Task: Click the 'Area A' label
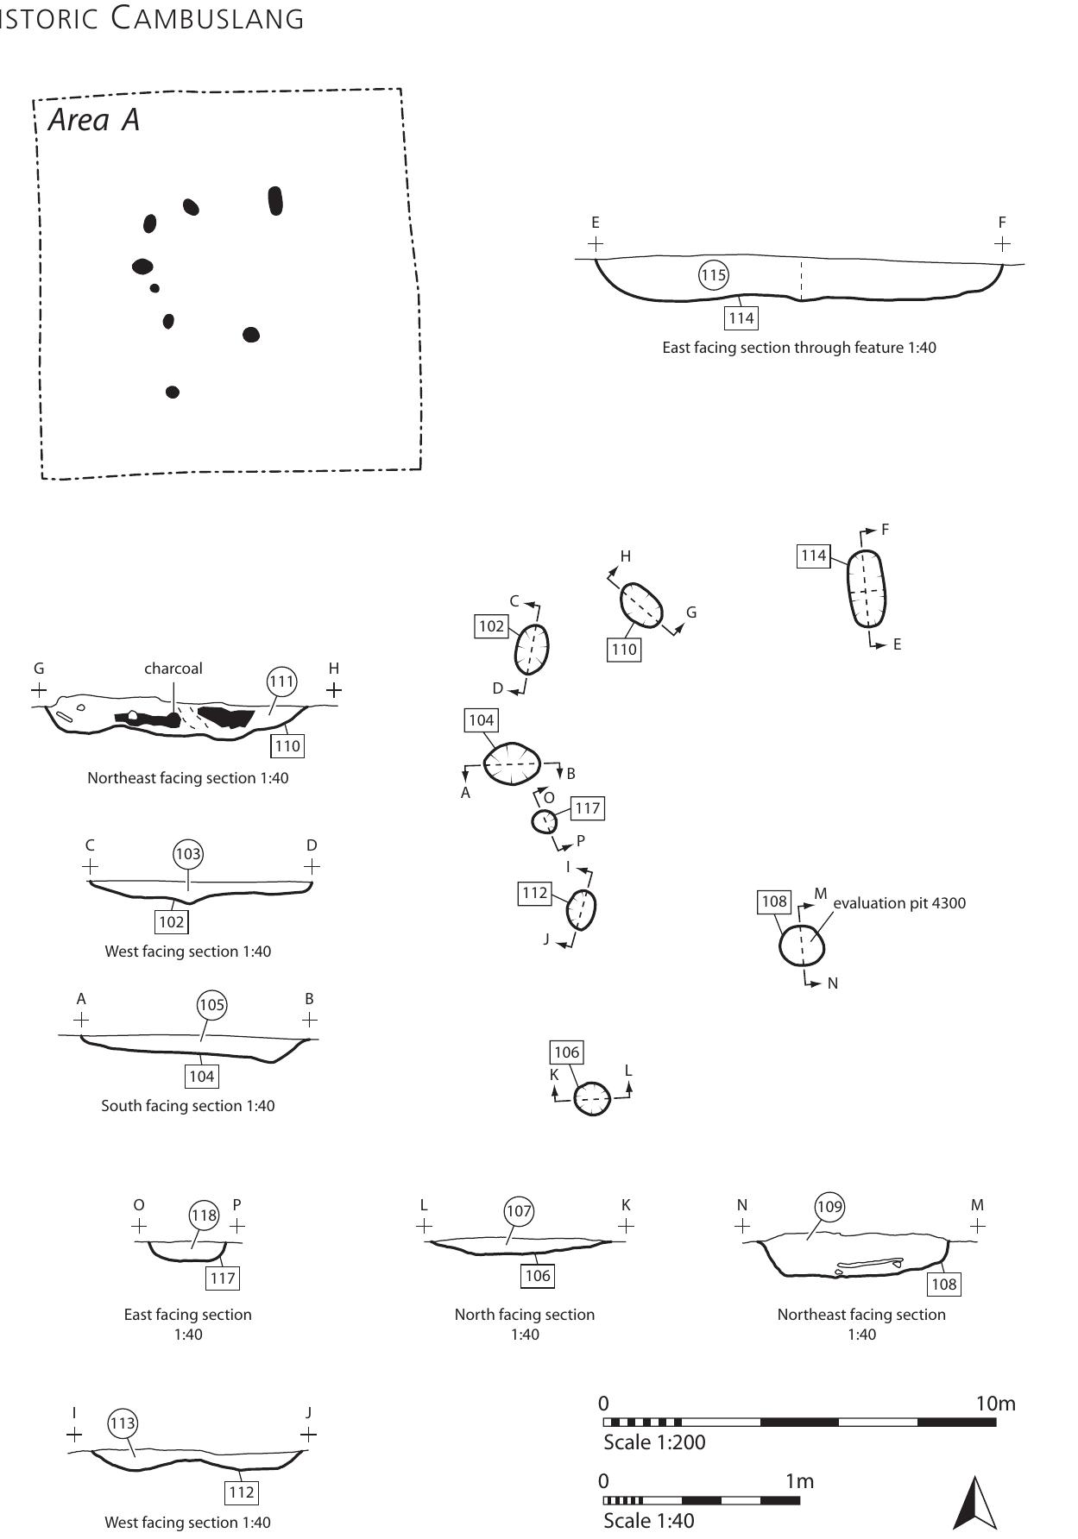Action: click(93, 120)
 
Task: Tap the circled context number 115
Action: click(713, 275)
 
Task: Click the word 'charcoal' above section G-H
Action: click(173, 669)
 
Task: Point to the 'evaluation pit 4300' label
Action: click(899, 903)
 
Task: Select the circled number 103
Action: click(188, 855)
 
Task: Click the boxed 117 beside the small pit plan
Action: click(587, 808)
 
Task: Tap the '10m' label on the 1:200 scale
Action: click(995, 1404)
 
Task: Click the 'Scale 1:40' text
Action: click(648, 1521)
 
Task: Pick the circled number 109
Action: click(829, 1206)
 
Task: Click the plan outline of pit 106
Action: click(593, 1099)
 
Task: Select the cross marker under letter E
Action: click(595, 244)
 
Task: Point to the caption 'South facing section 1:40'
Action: click(188, 1106)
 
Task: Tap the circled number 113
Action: click(123, 1423)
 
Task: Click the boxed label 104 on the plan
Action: click(481, 720)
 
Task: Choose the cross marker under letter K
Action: click(626, 1225)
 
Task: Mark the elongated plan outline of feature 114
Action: click(867, 588)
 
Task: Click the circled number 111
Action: click(281, 682)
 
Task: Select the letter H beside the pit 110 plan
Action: click(626, 556)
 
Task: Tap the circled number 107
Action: click(519, 1211)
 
